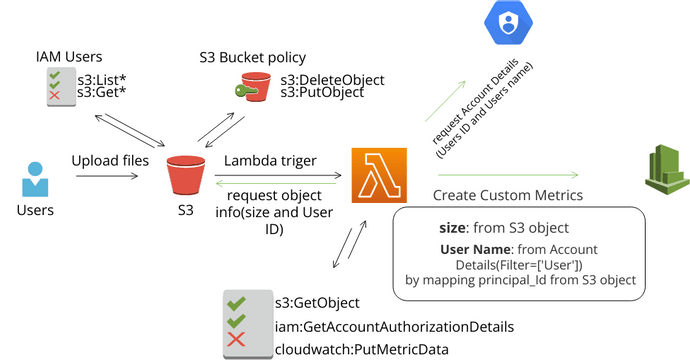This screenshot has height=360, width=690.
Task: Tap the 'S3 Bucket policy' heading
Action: [252, 56]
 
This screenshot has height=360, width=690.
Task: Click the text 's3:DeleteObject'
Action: [332, 80]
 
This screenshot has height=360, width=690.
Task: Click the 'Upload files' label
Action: [110, 160]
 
